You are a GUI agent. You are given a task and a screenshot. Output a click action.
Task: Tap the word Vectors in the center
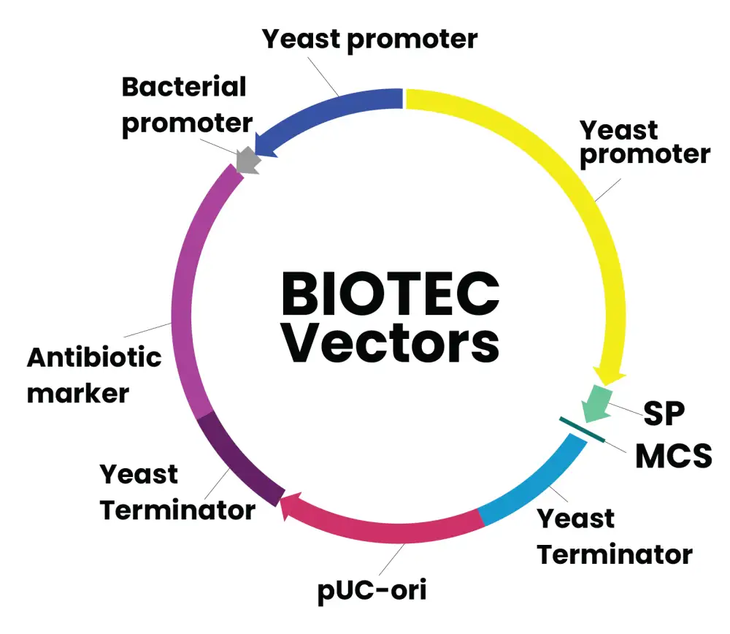391,343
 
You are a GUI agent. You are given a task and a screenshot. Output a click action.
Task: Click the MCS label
672,456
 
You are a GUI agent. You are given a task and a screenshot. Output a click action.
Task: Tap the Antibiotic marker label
93,375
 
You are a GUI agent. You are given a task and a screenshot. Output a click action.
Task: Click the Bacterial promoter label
186,104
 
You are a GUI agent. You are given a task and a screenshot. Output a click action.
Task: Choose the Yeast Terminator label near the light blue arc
614,537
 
